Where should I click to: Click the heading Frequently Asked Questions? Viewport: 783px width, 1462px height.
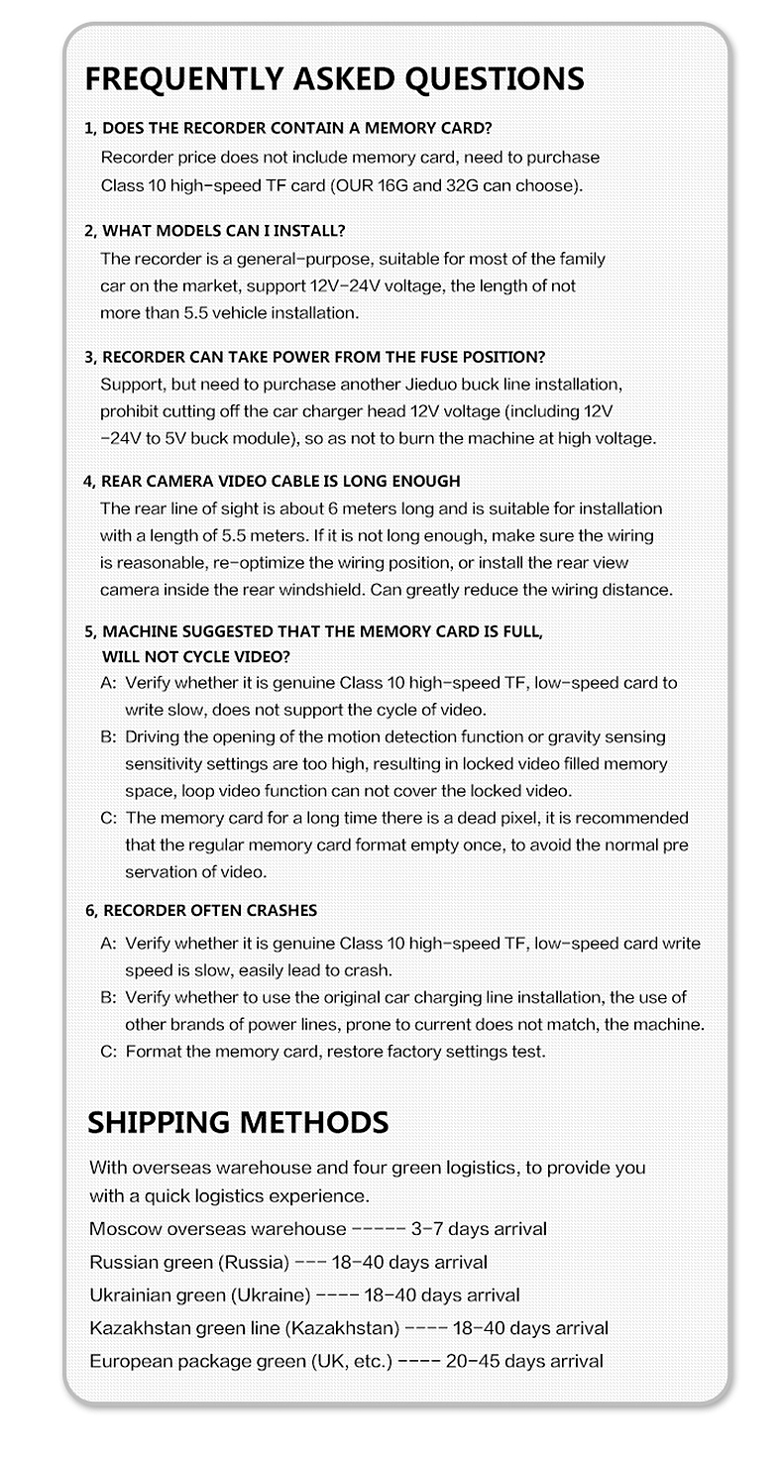click(x=334, y=78)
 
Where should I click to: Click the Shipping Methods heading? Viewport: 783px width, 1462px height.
click(x=237, y=1122)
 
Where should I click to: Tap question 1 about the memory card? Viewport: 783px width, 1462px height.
click(x=287, y=128)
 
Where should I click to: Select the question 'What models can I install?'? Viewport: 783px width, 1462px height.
click(x=214, y=231)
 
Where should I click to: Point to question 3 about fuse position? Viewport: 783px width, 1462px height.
click(x=314, y=356)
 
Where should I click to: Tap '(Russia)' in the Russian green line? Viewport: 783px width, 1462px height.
click(x=257, y=1262)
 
